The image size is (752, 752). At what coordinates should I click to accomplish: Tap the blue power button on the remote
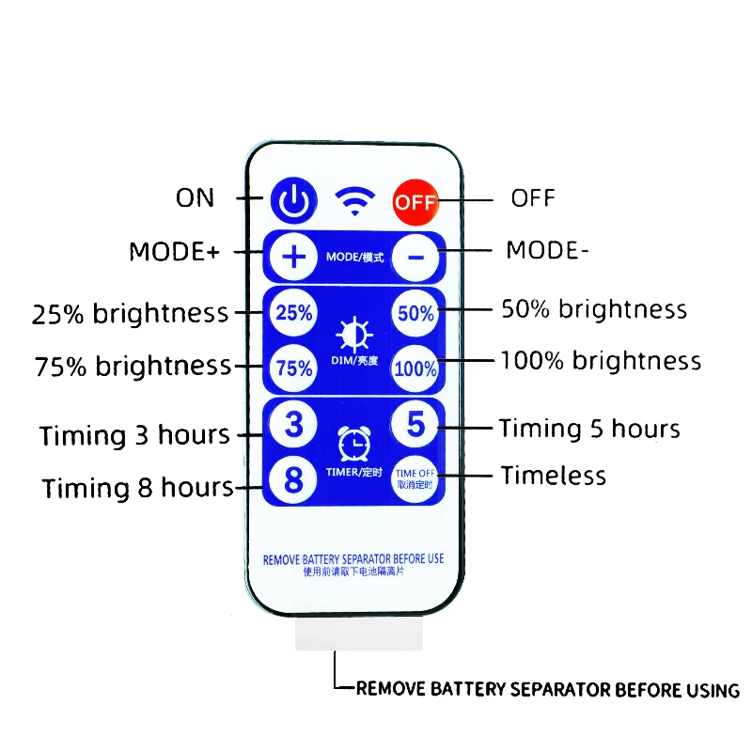tap(294, 198)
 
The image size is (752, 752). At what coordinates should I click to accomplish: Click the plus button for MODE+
tap(294, 256)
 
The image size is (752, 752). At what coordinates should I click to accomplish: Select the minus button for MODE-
tap(415, 256)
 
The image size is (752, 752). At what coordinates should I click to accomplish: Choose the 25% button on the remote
tap(294, 313)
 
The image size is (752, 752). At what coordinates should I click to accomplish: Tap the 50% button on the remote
tap(415, 313)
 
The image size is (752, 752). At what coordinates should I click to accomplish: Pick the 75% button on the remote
tap(294, 368)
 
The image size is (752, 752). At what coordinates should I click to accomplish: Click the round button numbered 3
tap(294, 426)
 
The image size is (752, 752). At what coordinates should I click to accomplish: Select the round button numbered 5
tap(415, 425)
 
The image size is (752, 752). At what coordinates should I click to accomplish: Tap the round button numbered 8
tap(294, 480)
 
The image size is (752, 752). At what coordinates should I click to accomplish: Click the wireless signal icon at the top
tap(354, 200)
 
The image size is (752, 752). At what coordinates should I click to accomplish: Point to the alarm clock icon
tap(354, 439)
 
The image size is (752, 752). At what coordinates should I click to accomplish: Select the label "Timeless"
tap(553, 476)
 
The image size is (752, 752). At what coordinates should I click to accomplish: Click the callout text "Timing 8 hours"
tap(137, 489)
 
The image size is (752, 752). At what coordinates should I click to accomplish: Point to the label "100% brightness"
tap(601, 361)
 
